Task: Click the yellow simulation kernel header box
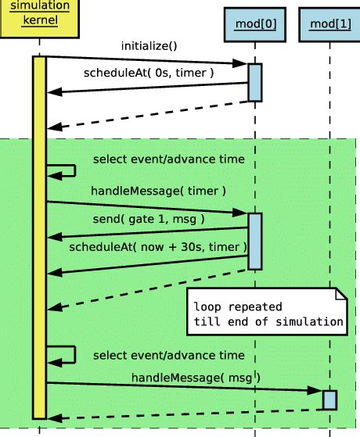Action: (40, 19)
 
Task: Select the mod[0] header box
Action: (255, 25)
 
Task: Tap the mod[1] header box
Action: (329, 25)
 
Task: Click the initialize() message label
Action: (149, 46)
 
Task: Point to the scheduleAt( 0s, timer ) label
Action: (149, 73)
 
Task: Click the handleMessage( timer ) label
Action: (158, 192)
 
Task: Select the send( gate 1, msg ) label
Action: (149, 220)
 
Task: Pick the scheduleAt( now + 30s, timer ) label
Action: (158, 247)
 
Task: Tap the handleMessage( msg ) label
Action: (196, 378)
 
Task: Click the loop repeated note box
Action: (267, 311)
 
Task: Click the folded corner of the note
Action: (341, 294)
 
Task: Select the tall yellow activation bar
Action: (39, 238)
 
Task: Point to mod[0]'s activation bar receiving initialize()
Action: (255, 83)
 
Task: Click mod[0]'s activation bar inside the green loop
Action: (255, 242)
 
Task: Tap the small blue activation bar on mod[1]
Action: (329, 400)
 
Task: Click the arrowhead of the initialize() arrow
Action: (240, 63)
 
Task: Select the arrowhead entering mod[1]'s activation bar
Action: (315, 390)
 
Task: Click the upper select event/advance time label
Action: (169, 159)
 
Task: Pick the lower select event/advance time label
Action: (169, 356)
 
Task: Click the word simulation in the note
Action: (309, 322)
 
